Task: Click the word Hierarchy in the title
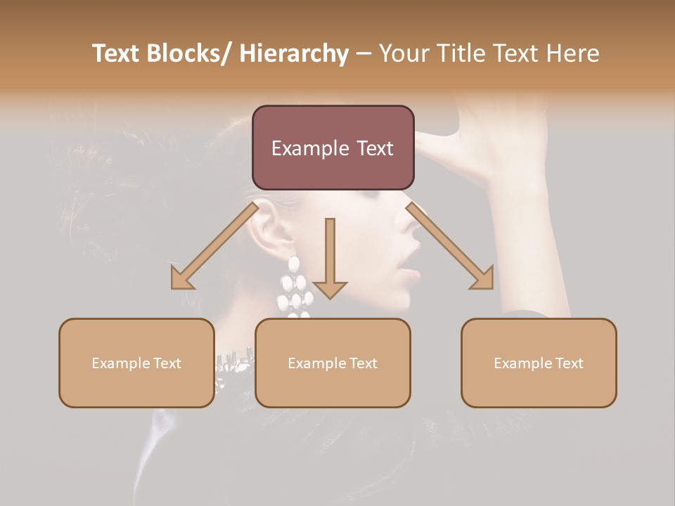point(293,54)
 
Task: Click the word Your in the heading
point(404,53)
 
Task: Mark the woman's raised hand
point(492,141)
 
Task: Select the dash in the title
point(364,54)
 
